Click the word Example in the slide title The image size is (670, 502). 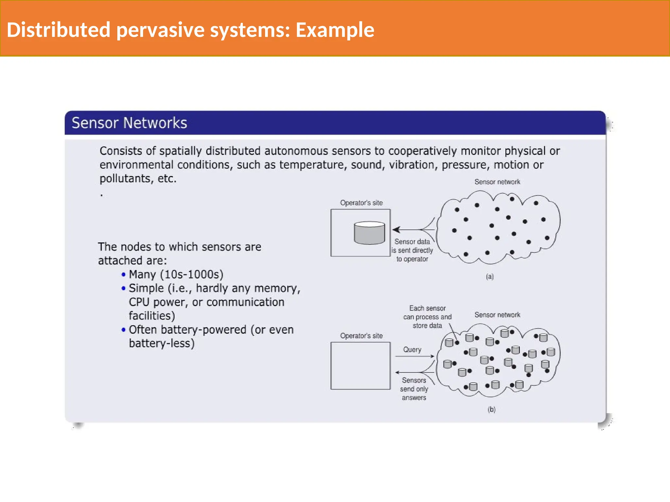pyautogui.click(x=335, y=30)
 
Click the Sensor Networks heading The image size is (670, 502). pyautogui.click(x=129, y=123)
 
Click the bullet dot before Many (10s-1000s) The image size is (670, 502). pyautogui.click(x=123, y=275)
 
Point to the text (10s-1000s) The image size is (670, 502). pyautogui.click(x=192, y=275)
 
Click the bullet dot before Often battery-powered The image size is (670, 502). pyautogui.click(x=123, y=330)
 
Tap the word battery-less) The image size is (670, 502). pyautogui.click(x=162, y=343)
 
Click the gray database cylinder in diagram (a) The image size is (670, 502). pyautogui.click(x=369, y=233)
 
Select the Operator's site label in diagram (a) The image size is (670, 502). pyautogui.click(x=361, y=203)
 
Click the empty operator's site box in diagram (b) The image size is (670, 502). pyautogui.click(x=360, y=366)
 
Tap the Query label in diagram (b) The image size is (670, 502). pyautogui.click(x=412, y=350)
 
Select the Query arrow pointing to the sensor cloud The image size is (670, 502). pyautogui.click(x=414, y=356)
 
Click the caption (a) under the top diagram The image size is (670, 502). pyautogui.click(x=490, y=277)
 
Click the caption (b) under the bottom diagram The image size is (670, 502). pyautogui.click(x=491, y=410)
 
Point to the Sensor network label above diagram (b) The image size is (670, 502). pyautogui.click(x=497, y=315)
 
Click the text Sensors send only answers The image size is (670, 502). pyautogui.click(x=414, y=389)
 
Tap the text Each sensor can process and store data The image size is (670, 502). pyautogui.click(x=427, y=317)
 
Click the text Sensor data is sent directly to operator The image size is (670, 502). pyautogui.click(x=412, y=250)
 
